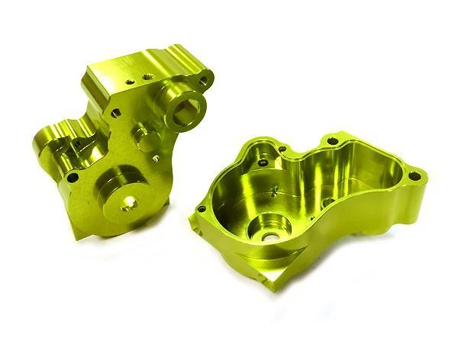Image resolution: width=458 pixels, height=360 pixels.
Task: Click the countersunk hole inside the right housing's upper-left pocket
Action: click(x=263, y=162)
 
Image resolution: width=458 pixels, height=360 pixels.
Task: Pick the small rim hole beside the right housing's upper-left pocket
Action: click(x=282, y=150)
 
